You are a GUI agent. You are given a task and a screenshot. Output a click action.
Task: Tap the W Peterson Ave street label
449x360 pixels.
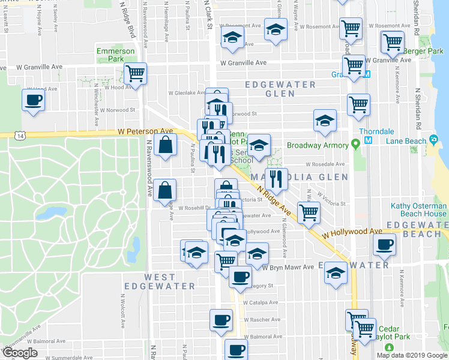tap(145, 131)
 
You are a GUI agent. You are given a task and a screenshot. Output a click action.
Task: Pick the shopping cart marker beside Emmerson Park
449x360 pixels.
tap(136, 73)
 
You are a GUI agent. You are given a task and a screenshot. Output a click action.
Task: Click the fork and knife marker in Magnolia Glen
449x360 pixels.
tap(276, 178)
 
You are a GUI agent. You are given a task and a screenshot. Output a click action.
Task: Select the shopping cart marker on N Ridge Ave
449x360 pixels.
tap(309, 212)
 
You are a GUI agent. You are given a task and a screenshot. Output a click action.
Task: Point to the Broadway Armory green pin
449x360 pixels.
tap(356, 145)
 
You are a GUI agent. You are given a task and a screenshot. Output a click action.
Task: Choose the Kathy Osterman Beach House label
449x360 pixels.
tap(418, 209)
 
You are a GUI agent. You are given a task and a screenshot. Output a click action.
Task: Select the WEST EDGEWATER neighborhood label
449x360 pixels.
tap(160, 282)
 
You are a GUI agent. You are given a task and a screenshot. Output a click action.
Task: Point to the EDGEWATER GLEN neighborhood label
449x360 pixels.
tap(279, 89)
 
